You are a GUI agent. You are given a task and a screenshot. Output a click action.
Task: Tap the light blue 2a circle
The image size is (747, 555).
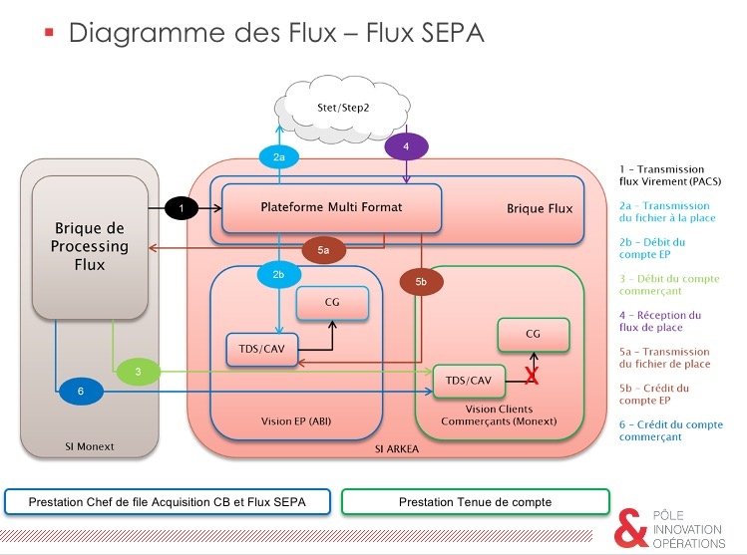click(280, 156)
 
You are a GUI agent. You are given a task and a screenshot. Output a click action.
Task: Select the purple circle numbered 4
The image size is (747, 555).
click(406, 145)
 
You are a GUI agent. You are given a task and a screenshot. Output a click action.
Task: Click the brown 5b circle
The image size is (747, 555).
click(420, 283)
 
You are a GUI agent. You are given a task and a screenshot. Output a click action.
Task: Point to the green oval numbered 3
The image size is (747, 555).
click(139, 373)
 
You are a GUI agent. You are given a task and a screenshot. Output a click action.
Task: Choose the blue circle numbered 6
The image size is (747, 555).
click(81, 393)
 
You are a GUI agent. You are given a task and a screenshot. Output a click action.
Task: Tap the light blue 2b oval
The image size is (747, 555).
click(279, 273)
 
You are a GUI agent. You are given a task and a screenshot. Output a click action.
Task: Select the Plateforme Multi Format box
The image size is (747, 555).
click(330, 207)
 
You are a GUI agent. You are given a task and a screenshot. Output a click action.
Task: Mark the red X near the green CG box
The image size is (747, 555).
click(533, 376)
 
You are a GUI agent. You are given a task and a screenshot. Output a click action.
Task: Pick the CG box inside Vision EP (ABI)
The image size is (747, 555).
click(331, 302)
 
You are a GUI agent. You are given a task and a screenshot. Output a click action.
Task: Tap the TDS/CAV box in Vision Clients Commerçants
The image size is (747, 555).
click(468, 381)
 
